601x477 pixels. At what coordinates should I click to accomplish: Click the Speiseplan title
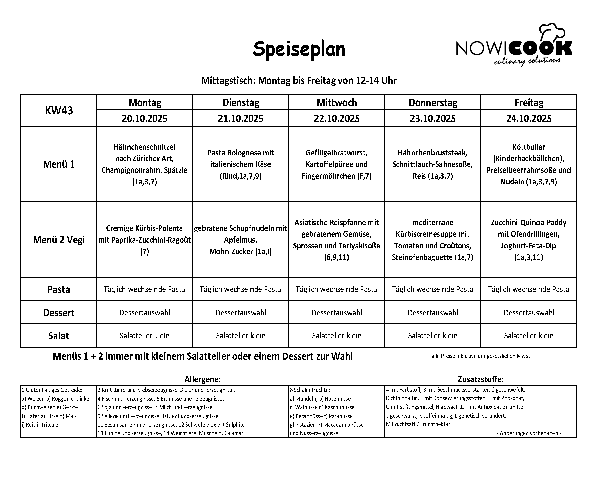[x=299, y=49]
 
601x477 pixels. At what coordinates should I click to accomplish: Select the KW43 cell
[x=58, y=110]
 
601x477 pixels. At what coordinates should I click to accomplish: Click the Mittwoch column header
[x=336, y=103]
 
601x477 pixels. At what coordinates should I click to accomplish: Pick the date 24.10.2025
[x=528, y=118]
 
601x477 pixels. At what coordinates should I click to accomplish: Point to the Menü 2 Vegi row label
[x=58, y=240]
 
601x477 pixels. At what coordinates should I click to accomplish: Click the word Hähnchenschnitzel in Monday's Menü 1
[x=144, y=147]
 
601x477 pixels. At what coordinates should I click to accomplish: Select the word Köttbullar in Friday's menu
[x=528, y=147]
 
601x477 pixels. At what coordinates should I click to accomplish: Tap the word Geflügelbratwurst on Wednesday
[x=336, y=153]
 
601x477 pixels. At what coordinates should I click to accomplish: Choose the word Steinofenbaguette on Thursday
[x=422, y=257]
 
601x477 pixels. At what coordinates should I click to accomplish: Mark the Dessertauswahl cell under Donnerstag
[x=433, y=313]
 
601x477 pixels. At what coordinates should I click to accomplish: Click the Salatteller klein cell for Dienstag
[x=241, y=336]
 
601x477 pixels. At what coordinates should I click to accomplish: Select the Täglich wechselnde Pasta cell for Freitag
[x=528, y=289]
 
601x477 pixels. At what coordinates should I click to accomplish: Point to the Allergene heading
[x=203, y=379]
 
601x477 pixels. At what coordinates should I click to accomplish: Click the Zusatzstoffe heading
[x=481, y=379]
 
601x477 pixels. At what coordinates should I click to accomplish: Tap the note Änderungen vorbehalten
[x=529, y=433]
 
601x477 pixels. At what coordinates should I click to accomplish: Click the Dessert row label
[x=58, y=313]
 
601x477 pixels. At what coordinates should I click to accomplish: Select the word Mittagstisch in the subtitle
[x=228, y=81]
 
